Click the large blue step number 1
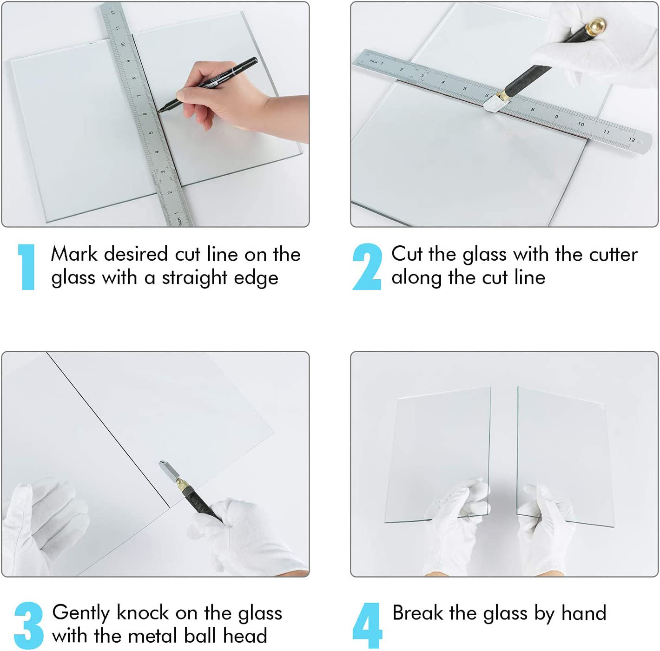(26, 267)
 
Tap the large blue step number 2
(367, 267)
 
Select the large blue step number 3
(29, 625)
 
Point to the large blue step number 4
(367, 625)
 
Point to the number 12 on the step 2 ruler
(632, 140)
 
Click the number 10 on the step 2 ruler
(581, 124)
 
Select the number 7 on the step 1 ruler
(139, 96)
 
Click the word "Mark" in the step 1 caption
(74, 254)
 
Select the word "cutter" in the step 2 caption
(613, 255)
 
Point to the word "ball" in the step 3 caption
(200, 636)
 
